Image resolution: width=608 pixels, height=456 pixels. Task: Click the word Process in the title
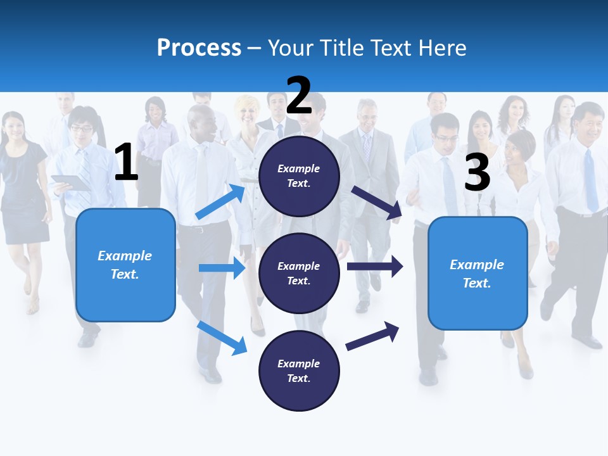(x=199, y=47)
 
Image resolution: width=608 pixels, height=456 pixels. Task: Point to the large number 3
(x=477, y=173)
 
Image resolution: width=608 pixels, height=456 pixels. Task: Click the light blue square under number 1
(x=125, y=265)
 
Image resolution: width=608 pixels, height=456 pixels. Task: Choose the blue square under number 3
(x=478, y=273)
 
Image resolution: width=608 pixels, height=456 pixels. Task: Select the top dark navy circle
(x=299, y=176)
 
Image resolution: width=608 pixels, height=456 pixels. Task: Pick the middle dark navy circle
(x=299, y=273)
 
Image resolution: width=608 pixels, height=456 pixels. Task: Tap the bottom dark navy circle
(x=299, y=370)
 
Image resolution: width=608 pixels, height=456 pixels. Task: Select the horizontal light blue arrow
(x=222, y=268)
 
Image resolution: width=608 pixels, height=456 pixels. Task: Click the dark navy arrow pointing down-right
(x=376, y=203)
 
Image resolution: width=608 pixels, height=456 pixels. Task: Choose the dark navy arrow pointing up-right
(x=372, y=336)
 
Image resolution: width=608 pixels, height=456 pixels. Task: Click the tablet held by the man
(x=71, y=182)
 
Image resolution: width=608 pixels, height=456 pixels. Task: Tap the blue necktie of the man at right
(x=590, y=180)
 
